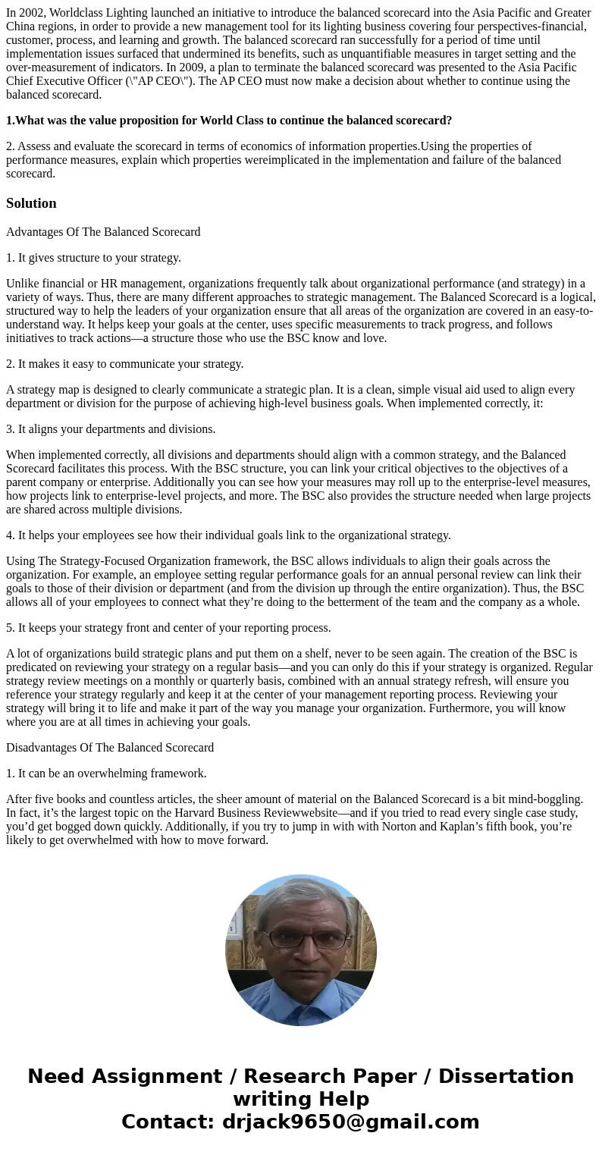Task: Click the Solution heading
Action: (31, 203)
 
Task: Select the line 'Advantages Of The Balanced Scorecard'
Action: (103, 232)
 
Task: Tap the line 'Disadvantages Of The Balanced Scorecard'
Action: (110, 748)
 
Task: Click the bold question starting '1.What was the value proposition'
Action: (229, 121)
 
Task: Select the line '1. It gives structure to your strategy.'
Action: (93, 258)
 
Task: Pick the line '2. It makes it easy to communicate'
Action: (124, 364)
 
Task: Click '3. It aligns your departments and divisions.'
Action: (111, 429)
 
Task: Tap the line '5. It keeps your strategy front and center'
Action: (168, 628)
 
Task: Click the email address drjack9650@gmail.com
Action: (350, 1122)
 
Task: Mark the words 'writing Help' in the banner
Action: (301, 1100)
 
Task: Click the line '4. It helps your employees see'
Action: (228, 535)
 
